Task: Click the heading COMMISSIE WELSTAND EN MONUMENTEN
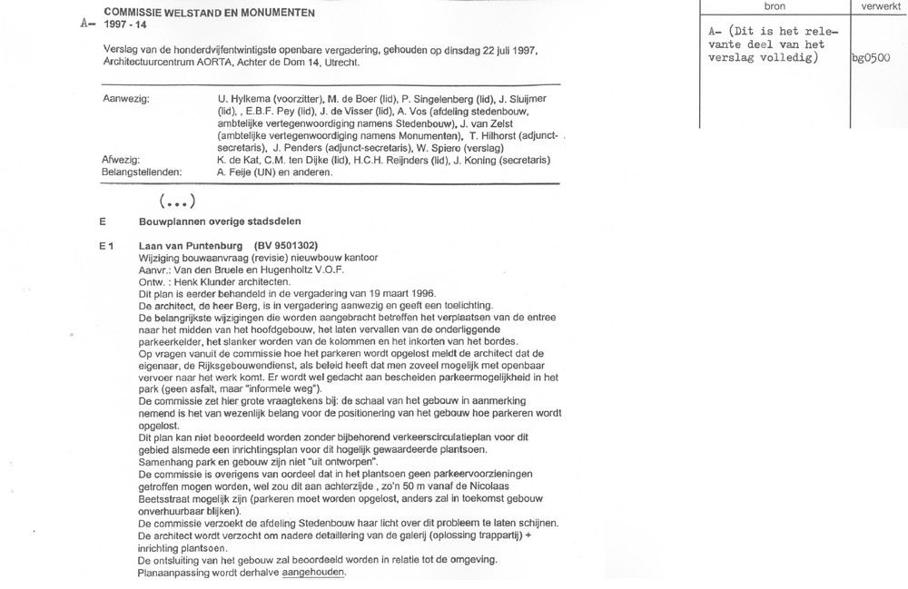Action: click(210, 13)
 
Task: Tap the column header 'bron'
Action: click(775, 6)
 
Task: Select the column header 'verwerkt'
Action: click(875, 6)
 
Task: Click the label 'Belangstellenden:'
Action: click(142, 171)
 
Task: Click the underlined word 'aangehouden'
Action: click(314, 573)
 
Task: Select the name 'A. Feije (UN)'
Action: click(251, 171)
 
